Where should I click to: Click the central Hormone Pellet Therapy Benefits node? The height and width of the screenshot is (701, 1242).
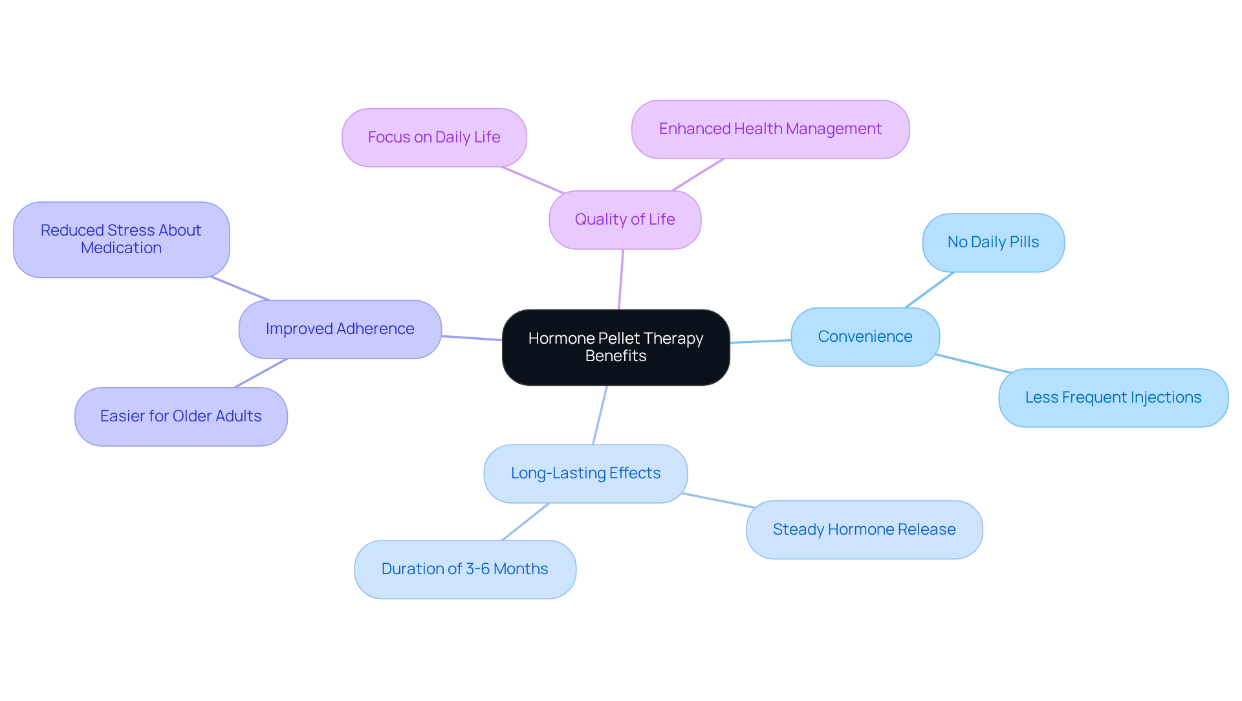pos(615,347)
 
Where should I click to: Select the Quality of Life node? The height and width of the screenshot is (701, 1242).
pos(624,219)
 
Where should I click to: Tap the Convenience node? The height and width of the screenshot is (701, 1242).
pos(864,337)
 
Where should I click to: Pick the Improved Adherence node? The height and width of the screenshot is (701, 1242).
pos(340,329)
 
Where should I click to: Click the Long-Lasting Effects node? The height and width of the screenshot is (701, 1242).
pos(585,473)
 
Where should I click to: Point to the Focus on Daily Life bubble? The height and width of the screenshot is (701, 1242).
pos(433,137)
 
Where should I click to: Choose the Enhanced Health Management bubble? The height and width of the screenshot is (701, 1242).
pos(770,129)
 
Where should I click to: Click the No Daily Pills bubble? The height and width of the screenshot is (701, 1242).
pos(992,242)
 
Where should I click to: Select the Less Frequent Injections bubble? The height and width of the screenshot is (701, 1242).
pos(1113,397)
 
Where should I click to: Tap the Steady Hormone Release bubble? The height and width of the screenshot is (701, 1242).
pos(864,529)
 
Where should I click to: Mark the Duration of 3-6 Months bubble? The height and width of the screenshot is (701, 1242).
pos(464,569)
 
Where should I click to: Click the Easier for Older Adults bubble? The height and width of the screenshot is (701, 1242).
pos(180,416)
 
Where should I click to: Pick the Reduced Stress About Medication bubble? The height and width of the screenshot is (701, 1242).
pos(121,239)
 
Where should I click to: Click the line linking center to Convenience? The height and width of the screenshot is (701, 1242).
pos(760,341)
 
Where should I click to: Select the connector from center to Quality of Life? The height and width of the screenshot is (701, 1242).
pos(621,279)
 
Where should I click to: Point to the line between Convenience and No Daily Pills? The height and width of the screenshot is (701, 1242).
pos(929,290)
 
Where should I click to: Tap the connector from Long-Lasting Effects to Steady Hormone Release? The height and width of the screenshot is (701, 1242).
pos(718,500)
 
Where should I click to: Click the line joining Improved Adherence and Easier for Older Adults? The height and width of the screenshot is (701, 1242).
pos(261,373)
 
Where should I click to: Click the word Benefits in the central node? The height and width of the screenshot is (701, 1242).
pos(615,356)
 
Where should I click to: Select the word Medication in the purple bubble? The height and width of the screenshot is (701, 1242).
pos(121,248)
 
